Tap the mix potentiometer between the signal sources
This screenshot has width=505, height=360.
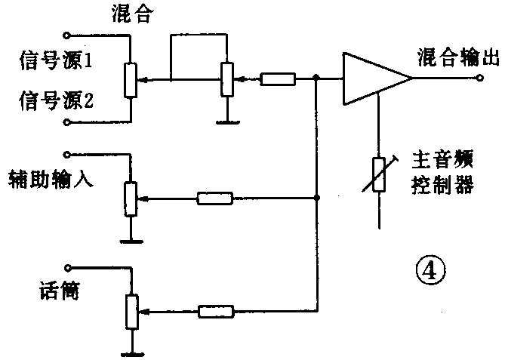131,79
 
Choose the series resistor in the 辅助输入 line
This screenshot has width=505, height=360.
216,199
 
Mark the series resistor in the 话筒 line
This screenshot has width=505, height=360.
217,310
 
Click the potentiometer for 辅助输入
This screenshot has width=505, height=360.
131,198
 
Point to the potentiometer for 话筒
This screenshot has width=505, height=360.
131,310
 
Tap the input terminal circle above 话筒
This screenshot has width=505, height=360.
68,267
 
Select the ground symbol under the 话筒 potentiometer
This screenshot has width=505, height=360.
131,352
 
